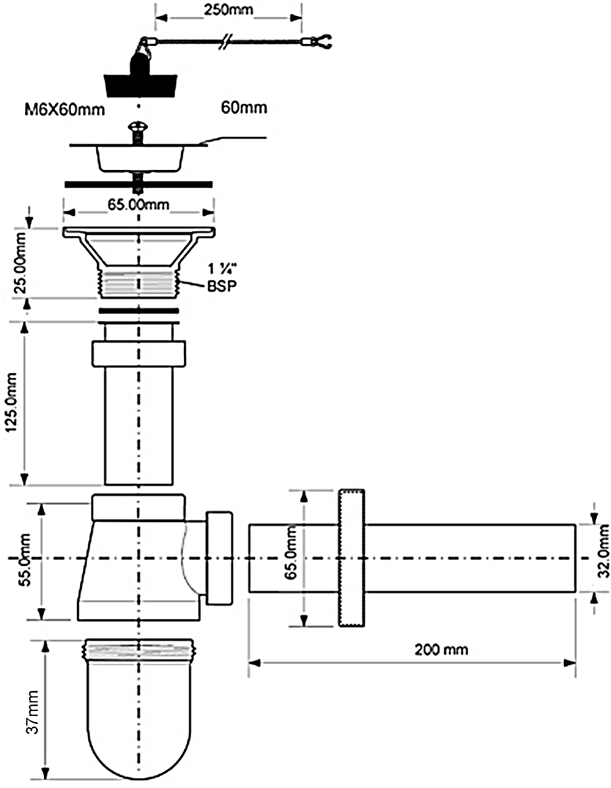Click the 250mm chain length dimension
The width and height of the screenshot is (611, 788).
point(229,10)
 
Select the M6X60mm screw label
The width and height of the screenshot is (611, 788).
point(65,109)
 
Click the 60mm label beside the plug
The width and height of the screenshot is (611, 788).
point(244,108)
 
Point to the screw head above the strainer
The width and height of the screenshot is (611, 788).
point(137,127)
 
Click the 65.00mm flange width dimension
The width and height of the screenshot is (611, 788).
point(139,205)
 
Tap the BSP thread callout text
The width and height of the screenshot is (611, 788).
point(222,286)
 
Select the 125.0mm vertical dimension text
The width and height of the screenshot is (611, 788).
point(11,402)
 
